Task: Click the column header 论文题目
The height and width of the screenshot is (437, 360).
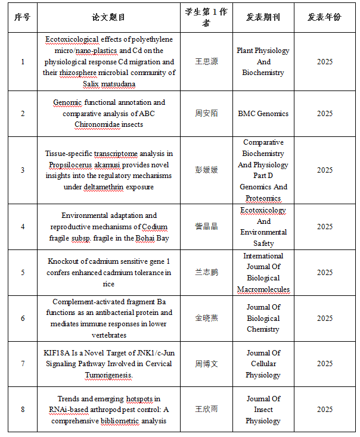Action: [x=109, y=17]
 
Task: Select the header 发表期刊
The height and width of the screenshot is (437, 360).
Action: [x=263, y=17]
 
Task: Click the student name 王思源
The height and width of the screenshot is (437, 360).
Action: [x=206, y=62]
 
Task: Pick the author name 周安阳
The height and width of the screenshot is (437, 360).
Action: [x=206, y=113]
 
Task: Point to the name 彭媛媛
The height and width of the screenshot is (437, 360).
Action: [x=206, y=170]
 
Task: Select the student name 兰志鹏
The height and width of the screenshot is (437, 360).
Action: [x=206, y=272]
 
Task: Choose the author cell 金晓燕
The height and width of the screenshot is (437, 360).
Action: [x=206, y=318]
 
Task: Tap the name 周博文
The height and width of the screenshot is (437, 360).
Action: [x=206, y=364]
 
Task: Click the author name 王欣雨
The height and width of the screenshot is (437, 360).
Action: [x=206, y=410]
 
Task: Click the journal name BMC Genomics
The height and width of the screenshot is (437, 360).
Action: [x=263, y=113]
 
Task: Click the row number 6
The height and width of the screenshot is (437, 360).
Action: [x=23, y=318]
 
